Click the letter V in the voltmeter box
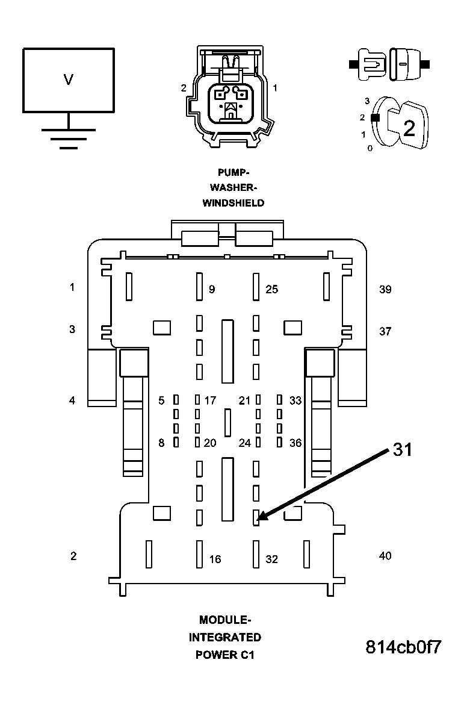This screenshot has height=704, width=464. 68,79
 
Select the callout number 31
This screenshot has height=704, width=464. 403,450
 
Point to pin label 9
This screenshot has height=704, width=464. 212,290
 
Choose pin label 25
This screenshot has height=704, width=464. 272,290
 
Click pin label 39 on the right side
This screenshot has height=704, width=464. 385,290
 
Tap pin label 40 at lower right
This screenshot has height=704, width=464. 385,556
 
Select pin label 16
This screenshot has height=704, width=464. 215,559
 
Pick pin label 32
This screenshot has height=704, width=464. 272,559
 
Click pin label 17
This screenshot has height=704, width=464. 210,400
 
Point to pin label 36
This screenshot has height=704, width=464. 295,443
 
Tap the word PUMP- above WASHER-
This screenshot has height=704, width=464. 233,172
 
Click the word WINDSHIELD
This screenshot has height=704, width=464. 233,203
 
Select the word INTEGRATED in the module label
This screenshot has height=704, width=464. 225,637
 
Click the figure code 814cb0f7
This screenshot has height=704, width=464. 404,647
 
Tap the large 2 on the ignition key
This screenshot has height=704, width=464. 409,128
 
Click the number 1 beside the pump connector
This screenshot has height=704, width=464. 275,88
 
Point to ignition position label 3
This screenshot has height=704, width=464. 367,101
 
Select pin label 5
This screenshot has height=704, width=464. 161,400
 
